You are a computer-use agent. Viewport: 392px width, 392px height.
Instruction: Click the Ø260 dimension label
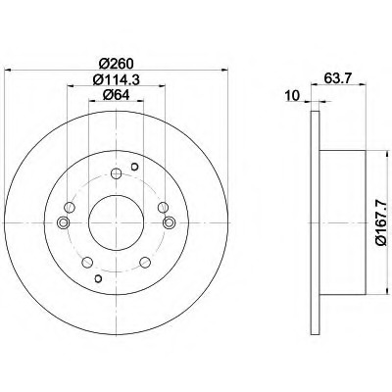(x=116, y=63)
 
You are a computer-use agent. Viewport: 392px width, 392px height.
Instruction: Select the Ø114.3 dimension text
(x=116, y=79)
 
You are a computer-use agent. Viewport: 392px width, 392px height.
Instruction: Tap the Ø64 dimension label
(x=116, y=95)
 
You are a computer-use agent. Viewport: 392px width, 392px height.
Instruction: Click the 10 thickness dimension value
(x=292, y=96)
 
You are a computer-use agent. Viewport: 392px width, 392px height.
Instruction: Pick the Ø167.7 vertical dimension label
(x=381, y=222)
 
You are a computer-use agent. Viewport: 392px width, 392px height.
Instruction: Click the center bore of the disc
(x=117, y=222)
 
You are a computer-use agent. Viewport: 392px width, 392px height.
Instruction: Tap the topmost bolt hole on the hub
(x=117, y=173)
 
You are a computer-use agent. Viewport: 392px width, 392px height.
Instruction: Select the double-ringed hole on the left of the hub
(x=64, y=222)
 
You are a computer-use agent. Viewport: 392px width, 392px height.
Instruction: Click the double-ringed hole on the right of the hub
(x=169, y=222)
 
